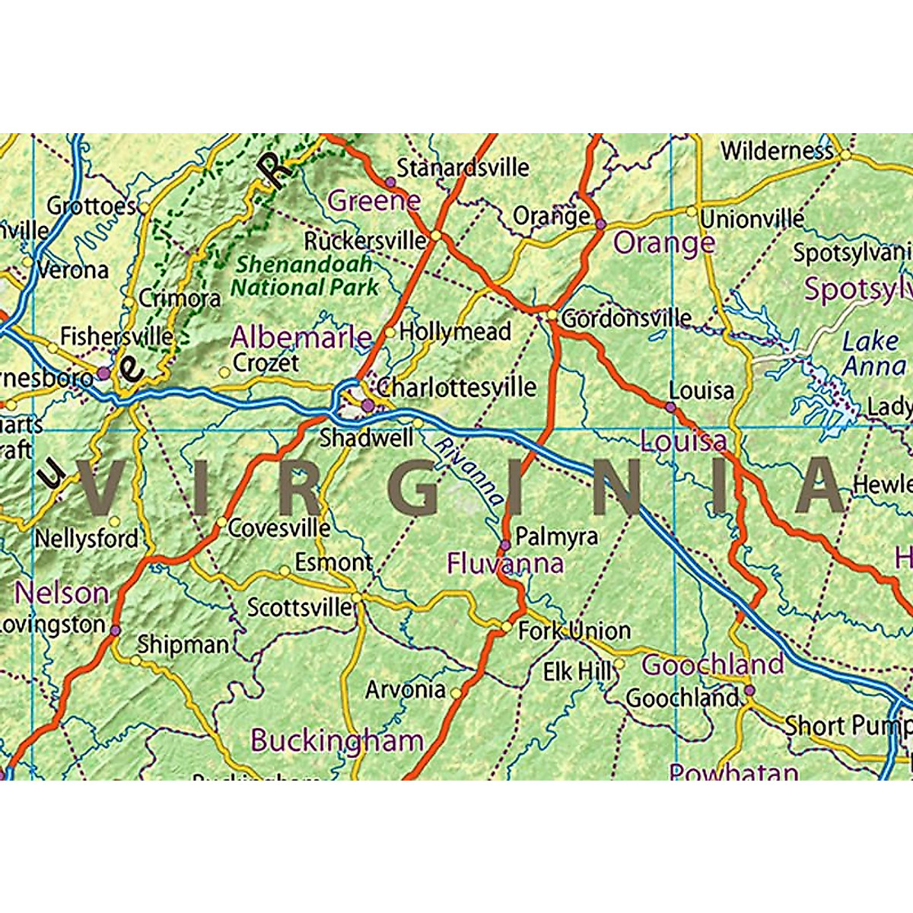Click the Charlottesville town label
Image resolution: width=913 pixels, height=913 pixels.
pyautogui.click(x=456, y=387)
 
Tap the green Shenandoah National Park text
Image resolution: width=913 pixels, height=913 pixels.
pyautogui.click(x=304, y=276)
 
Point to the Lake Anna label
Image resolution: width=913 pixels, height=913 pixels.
pyautogui.click(x=873, y=354)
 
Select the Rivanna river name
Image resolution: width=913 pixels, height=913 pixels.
pyautogui.click(x=469, y=472)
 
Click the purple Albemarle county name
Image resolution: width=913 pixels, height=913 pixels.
pyautogui.click(x=301, y=337)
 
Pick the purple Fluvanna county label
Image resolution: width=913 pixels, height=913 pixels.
pyautogui.click(x=505, y=564)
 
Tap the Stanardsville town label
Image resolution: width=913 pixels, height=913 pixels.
pyautogui.click(x=463, y=167)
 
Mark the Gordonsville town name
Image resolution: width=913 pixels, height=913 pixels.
pyautogui.click(x=626, y=318)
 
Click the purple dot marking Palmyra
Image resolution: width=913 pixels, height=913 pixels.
pyautogui.click(x=505, y=544)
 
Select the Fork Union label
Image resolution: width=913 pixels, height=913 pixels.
pyautogui.click(x=574, y=631)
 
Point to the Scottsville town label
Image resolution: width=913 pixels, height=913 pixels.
pyautogui.click(x=300, y=607)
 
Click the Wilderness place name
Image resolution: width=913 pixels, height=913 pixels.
pyautogui.click(x=777, y=151)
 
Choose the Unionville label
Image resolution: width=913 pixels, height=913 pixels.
pyautogui.click(x=752, y=219)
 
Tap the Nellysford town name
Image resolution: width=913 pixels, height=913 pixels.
pyautogui.click(x=87, y=539)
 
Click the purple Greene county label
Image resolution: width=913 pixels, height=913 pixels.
pyautogui.click(x=374, y=201)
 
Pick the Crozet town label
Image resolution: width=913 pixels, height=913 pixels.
pyautogui.click(x=266, y=363)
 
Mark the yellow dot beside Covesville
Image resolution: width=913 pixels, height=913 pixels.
pyautogui.click(x=221, y=523)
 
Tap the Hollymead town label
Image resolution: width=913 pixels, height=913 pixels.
pyautogui.click(x=454, y=332)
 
